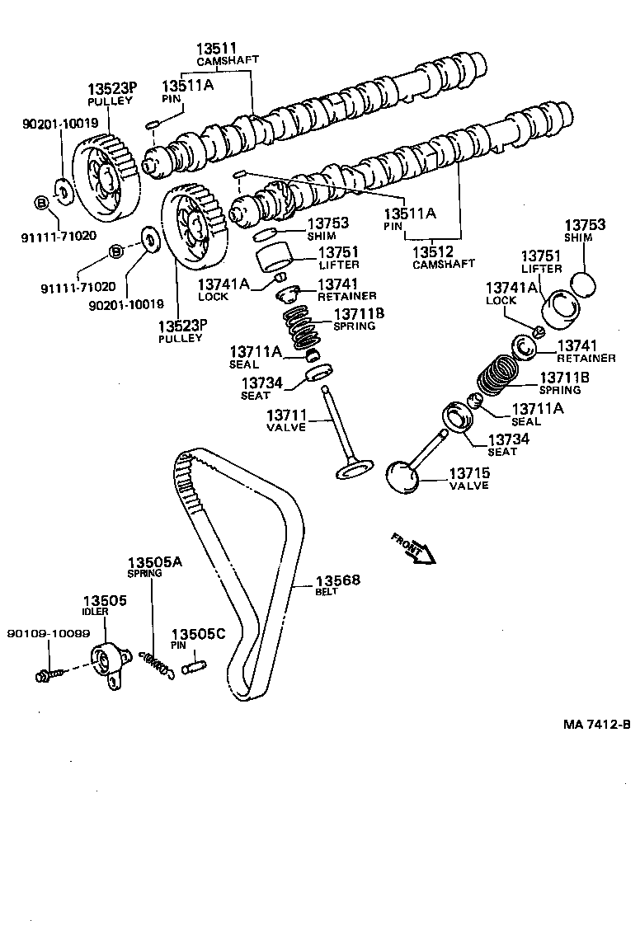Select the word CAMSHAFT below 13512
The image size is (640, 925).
444,264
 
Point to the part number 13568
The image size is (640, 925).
339,580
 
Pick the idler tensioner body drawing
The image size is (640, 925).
108,660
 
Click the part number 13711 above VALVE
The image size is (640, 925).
285,415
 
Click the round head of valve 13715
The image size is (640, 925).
403,477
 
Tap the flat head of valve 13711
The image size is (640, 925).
353,470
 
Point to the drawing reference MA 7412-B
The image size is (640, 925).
597,725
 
